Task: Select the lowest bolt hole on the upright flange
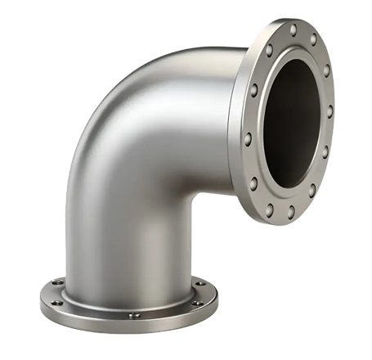coord(289,214)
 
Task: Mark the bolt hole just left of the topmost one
coord(272,46)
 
